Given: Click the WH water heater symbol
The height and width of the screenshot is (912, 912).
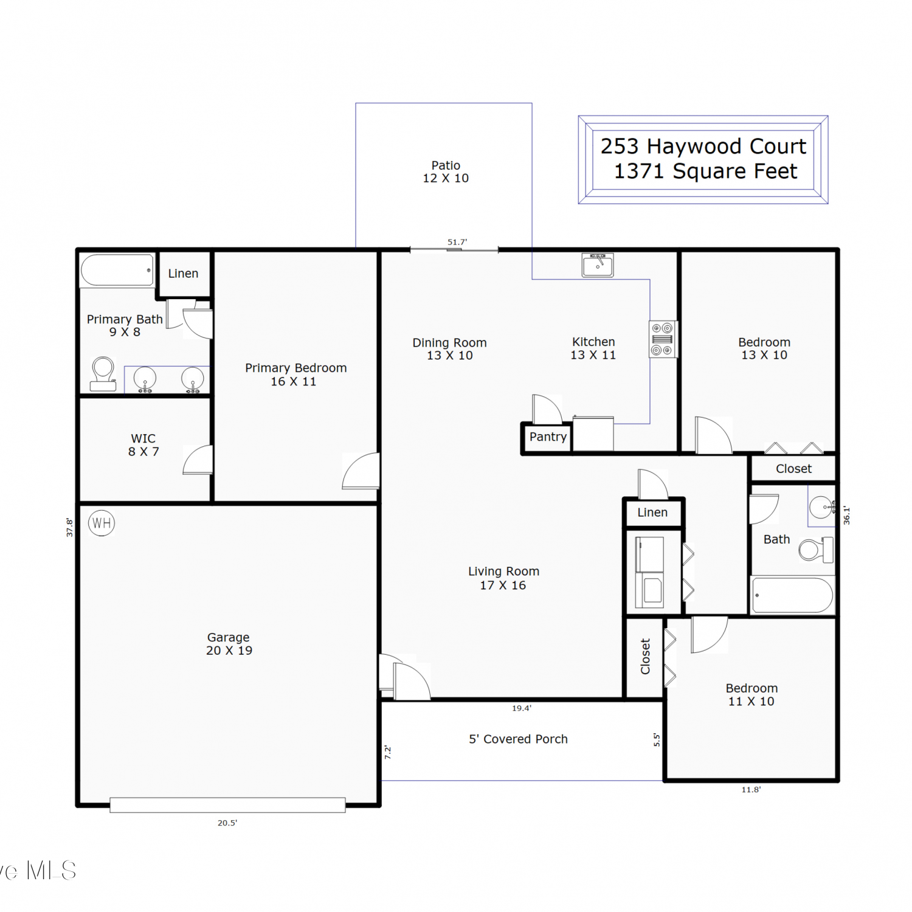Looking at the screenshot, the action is click(102, 523).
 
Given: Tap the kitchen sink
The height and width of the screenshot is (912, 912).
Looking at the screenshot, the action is click(598, 265).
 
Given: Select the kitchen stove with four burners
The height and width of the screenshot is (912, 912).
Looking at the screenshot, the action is click(663, 339).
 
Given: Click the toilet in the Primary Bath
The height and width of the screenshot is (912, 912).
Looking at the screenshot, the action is click(103, 373).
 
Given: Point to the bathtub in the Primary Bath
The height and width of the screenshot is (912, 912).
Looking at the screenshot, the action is click(117, 270).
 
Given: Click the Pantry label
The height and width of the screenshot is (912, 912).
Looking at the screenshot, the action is click(548, 437).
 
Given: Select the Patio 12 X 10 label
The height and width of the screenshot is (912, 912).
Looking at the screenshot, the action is click(446, 171).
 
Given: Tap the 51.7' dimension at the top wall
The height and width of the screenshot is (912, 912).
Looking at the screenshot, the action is click(457, 242).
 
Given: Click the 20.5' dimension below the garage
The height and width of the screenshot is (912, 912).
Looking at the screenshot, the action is click(227, 823).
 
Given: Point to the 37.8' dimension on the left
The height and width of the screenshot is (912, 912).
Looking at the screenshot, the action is click(69, 527).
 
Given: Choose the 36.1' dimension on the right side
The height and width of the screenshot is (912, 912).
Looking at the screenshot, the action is click(846, 515).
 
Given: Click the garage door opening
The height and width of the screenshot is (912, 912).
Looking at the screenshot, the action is click(227, 805).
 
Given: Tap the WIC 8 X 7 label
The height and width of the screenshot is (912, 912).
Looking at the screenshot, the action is click(143, 445).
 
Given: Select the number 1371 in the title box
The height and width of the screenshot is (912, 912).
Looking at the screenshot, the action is click(639, 171).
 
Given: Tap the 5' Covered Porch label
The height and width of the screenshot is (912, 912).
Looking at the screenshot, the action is click(518, 739).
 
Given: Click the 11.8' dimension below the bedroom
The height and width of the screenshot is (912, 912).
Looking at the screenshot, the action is click(751, 790).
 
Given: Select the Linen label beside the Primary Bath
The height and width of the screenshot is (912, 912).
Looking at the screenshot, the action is click(183, 274).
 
